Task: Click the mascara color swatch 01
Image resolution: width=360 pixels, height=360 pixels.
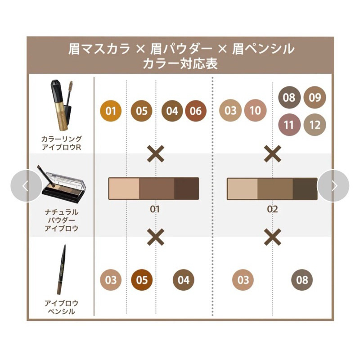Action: (111, 111)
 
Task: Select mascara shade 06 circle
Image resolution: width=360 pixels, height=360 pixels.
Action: (196, 111)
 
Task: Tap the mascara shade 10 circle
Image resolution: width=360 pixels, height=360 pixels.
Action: (255, 110)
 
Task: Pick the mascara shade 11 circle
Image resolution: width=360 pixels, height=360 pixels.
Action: (289, 125)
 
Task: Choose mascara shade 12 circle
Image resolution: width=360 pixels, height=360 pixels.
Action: (315, 125)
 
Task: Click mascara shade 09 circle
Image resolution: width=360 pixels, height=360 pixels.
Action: (315, 98)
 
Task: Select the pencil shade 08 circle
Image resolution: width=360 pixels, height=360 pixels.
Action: (302, 280)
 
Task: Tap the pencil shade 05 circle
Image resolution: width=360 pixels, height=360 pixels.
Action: (142, 280)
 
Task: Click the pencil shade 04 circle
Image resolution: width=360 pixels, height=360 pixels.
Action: (184, 280)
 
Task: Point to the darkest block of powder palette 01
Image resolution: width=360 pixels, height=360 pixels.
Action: (186, 189)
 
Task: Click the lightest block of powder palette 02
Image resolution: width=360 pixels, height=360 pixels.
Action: (243, 189)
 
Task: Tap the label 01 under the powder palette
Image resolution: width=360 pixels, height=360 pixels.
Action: (155, 209)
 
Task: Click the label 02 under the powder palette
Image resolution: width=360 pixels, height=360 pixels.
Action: (273, 209)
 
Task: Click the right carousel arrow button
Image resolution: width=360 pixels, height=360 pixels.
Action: (333, 186)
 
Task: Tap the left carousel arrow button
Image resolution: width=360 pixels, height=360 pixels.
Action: (27, 186)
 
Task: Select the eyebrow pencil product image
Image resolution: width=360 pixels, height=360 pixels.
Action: (61, 269)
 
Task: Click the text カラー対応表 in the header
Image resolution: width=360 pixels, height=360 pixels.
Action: (180, 63)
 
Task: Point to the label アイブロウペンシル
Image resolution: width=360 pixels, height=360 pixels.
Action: (61, 307)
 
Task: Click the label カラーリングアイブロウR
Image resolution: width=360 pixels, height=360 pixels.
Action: (61, 143)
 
